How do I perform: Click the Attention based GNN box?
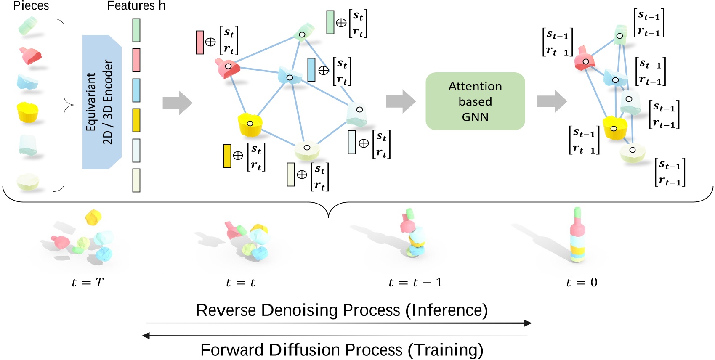(475, 101)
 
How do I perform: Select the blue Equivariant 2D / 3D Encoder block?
(101, 102)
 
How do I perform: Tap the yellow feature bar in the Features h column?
(136, 120)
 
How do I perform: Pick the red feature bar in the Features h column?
(136, 60)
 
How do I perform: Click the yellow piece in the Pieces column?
(28, 112)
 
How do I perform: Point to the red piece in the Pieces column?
(30, 56)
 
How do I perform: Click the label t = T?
(87, 283)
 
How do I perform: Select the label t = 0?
(582, 283)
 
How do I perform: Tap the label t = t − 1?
(415, 283)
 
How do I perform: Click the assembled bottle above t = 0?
(577, 236)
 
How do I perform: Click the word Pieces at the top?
(31, 6)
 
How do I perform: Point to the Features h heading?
(136, 6)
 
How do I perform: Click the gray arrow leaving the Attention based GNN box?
(552, 101)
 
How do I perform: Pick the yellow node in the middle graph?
(250, 124)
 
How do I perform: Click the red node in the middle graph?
(228, 67)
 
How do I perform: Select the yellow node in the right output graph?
(614, 128)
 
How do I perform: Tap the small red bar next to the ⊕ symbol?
(200, 42)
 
